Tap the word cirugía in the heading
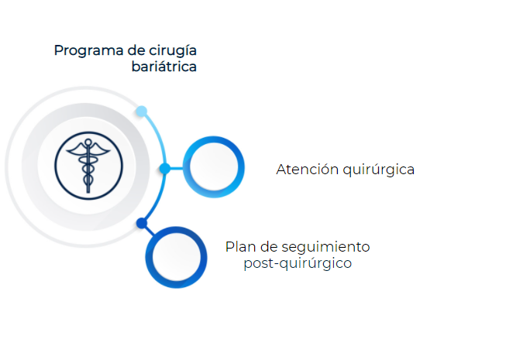(173, 51)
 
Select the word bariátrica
(164, 67)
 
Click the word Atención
(308, 170)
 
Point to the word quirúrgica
(378, 170)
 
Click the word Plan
(240, 247)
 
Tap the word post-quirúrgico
(298, 264)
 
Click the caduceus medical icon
(88, 166)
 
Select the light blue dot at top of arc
(142, 111)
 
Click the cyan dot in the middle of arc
(165, 169)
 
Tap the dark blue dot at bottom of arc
(142, 223)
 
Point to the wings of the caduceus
(88, 149)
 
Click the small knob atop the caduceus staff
(88, 142)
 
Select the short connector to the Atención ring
(177, 169)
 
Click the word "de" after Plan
(269, 247)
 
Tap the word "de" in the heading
(136, 50)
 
